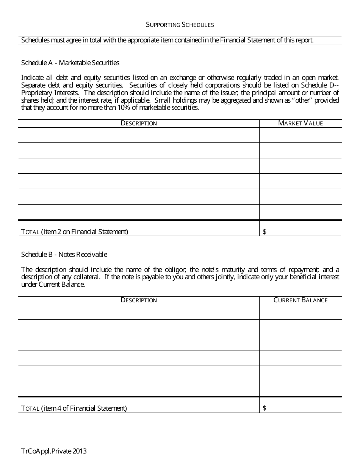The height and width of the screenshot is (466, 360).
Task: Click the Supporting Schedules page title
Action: pyautogui.click(x=180, y=25)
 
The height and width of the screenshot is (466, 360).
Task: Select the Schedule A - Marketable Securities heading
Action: pyautogui.click(x=70, y=63)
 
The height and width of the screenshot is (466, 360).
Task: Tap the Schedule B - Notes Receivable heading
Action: pyautogui.click(x=64, y=254)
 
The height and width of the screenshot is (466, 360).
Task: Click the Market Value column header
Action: pyautogui.click(x=301, y=123)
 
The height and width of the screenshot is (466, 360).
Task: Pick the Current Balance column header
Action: pyautogui.click(x=301, y=300)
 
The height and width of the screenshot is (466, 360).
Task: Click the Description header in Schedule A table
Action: pyautogui.click(x=139, y=123)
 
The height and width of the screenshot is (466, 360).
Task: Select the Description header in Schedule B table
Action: pyautogui.click(x=139, y=300)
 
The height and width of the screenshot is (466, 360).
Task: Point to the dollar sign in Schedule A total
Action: pyautogui.click(x=264, y=231)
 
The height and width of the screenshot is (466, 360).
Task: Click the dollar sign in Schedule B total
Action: pyautogui.click(x=264, y=408)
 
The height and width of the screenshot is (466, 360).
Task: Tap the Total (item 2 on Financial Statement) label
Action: pyautogui.click(x=75, y=231)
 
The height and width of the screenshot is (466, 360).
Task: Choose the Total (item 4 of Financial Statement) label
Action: pyautogui.click(x=74, y=408)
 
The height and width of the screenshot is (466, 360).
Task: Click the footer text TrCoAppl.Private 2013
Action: pyautogui.click(x=54, y=451)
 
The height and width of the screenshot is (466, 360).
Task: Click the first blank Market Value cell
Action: pyautogui.click(x=301, y=135)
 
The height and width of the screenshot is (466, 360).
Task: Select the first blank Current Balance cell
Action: pyautogui.click(x=301, y=312)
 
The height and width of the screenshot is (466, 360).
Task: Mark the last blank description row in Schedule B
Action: pyautogui.click(x=139, y=389)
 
